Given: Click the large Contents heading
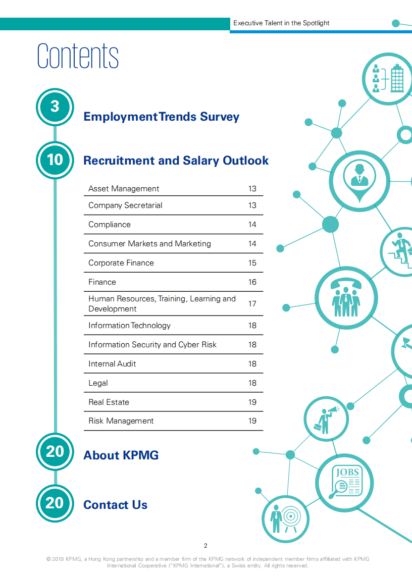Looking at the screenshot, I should point(78,56).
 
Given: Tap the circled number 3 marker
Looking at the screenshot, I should point(55,107).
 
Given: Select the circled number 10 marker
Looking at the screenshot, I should point(55,160).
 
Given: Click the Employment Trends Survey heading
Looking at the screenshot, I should point(161,117).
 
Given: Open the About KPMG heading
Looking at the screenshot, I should point(121,455).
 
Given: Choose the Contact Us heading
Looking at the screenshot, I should point(115,504).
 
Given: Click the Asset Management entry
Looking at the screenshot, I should point(124,188).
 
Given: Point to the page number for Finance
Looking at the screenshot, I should point(252,282).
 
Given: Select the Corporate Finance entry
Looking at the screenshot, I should point(121,262).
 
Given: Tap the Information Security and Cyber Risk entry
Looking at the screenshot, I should point(152,344).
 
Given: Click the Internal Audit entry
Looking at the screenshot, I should point(112,363).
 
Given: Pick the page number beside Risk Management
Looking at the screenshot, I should point(252,421).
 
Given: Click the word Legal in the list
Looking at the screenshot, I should point(98,383).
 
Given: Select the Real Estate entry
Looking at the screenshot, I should point(109,402).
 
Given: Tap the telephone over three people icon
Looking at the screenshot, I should point(346,295).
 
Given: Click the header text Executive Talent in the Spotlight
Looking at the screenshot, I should point(281,23).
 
